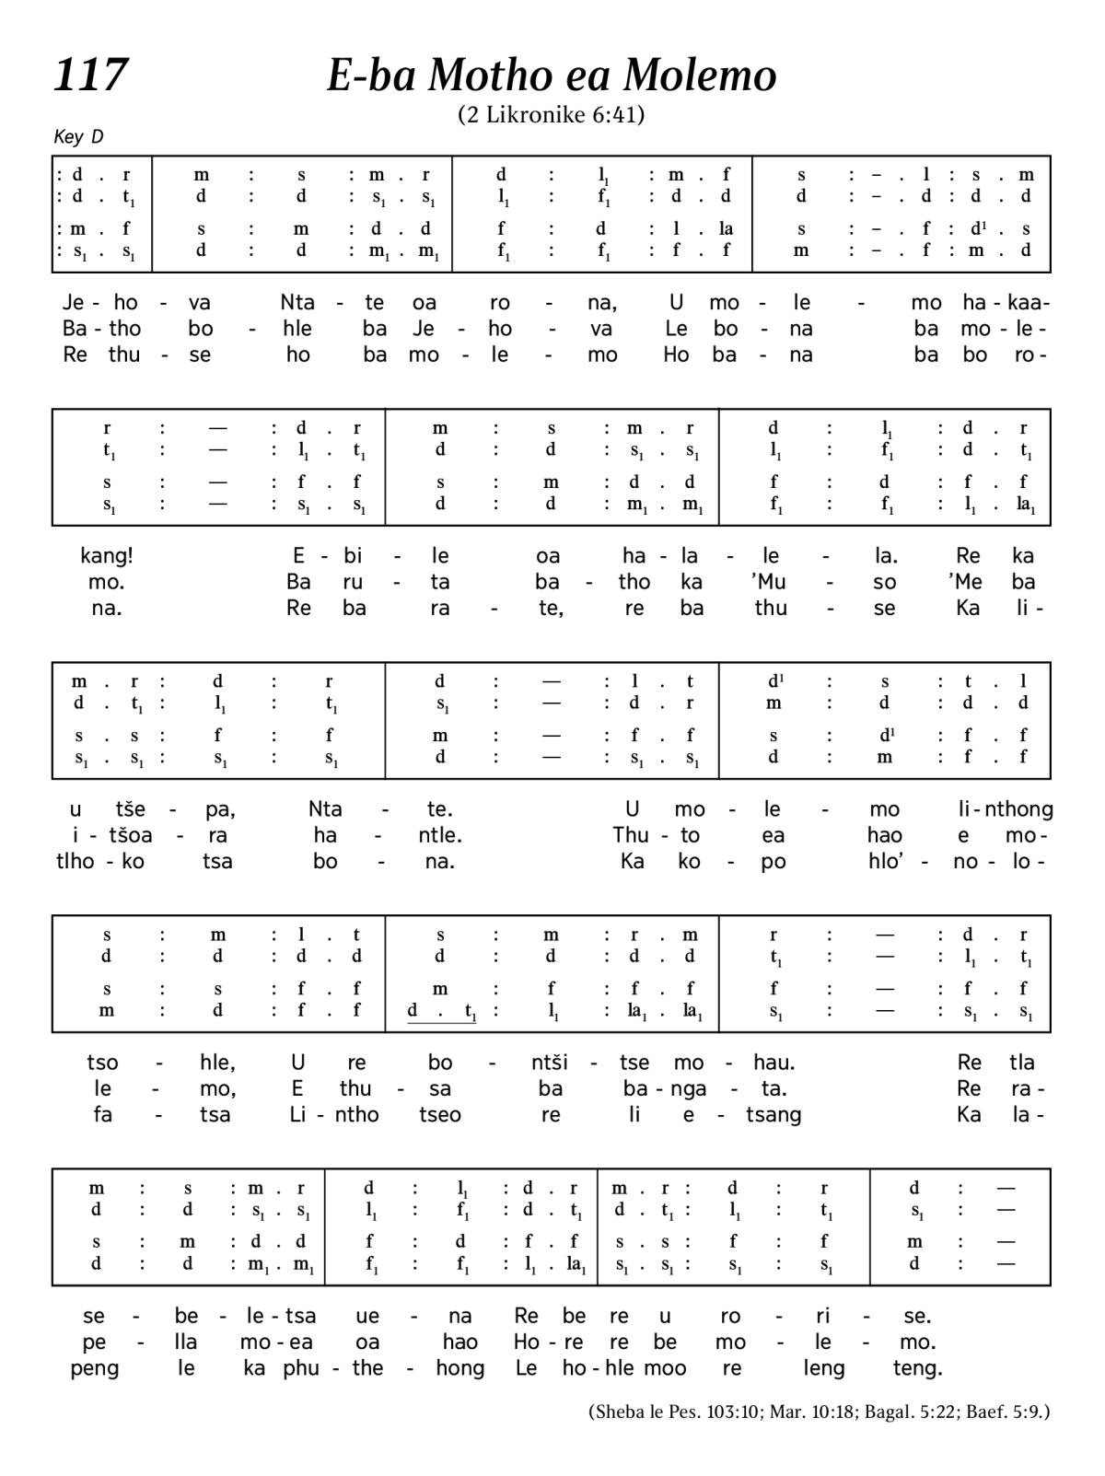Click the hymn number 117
pos(90,76)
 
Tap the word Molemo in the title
pos(700,76)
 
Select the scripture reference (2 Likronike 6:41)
pos(551,115)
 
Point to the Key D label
pos(78,137)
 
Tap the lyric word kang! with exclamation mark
pos(107,556)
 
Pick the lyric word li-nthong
pos(1006,809)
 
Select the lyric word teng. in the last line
pos(917,1368)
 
